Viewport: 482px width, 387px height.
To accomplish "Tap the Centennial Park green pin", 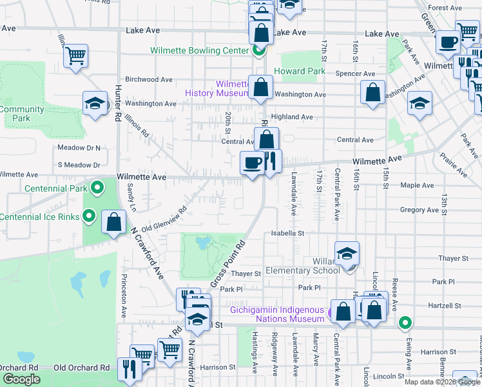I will [97, 188].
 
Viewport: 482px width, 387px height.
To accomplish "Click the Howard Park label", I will [300, 71].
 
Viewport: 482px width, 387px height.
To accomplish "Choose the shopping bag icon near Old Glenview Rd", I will [114, 222].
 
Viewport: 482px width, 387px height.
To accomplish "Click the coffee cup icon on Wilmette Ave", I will [251, 161].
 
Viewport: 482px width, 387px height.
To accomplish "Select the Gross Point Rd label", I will [229, 264].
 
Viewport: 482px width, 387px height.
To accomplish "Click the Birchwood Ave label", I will [149, 79].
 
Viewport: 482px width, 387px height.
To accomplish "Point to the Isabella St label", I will [287, 232].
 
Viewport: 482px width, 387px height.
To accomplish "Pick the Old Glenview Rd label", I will [164, 219].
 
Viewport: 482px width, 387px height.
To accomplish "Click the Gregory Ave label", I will [419, 210].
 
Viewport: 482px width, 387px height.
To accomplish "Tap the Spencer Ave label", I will [360, 74].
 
